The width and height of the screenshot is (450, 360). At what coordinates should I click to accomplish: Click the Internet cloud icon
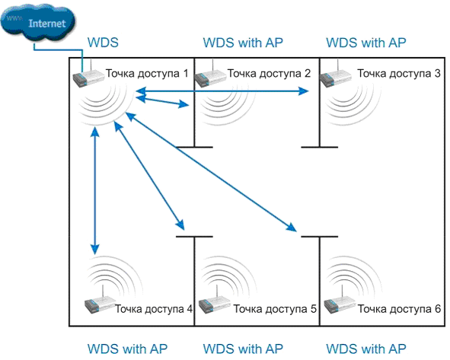(x=38, y=22)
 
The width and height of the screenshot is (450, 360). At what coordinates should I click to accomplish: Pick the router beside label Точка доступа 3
(x=336, y=76)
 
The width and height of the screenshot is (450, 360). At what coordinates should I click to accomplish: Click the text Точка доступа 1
(x=147, y=73)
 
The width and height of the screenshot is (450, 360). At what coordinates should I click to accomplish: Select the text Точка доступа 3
(x=399, y=73)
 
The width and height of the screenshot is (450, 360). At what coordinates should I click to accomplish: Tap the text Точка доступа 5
(x=275, y=309)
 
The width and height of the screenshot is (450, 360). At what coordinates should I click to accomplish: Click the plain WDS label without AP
(x=103, y=43)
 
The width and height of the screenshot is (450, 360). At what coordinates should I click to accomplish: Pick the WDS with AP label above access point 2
(x=243, y=43)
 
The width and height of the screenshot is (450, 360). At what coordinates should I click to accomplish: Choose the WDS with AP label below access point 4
(x=127, y=349)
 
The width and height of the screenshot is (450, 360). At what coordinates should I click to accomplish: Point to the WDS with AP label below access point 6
(x=366, y=349)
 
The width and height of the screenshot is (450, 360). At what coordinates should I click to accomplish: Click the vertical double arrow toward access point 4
(x=95, y=191)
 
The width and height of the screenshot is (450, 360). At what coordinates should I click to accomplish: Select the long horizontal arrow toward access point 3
(x=222, y=91)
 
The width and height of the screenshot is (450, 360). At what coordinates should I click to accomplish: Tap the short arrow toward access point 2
(x=162, y=101)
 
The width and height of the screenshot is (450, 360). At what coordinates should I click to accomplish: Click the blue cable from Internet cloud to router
(x=58, y=51)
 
